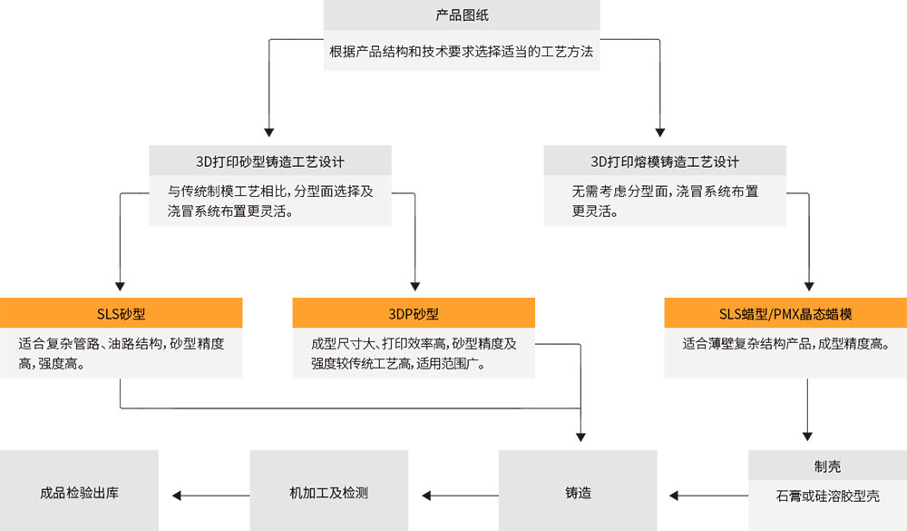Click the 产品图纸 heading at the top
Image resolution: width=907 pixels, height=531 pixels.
tap(463, 15)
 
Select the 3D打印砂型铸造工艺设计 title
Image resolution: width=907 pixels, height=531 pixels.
tap(270, 162)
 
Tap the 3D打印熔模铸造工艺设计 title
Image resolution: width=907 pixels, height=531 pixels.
tap(665, 162)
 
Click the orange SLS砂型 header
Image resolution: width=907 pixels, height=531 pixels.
tap(122, 314)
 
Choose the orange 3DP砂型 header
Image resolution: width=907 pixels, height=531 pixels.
tap(414, 314)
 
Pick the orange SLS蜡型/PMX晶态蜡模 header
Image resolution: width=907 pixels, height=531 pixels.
tap(785, 314)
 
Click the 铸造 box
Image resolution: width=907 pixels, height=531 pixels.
tap(578, 494)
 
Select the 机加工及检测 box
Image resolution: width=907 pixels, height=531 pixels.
tap(328, 494)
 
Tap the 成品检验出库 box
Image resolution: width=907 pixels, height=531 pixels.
tap(80, 494)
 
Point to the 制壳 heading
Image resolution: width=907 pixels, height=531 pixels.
tap(827, 467)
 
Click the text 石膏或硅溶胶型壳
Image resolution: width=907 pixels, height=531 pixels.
tap(827, 497)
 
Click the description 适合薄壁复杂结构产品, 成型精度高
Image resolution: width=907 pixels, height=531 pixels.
tap(785, 344)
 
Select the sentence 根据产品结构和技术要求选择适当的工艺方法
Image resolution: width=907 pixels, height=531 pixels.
tap(462, 52)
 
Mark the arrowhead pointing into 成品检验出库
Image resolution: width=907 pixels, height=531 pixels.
tap(177, 496)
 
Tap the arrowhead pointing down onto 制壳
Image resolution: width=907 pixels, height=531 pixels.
tap(807, 433)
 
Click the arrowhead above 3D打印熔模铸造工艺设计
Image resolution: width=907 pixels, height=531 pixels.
tap(658, 130)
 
